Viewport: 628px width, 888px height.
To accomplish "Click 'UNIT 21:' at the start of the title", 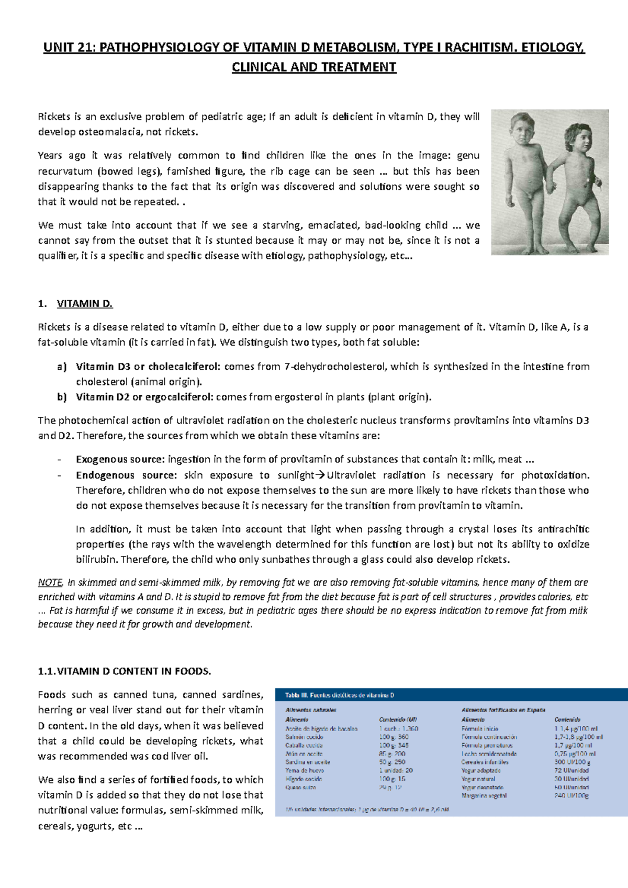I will pos(69,48).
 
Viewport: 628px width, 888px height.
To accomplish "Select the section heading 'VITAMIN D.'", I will pos(85,303).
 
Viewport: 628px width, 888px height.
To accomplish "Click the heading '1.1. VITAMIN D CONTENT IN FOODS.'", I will pos(125,671).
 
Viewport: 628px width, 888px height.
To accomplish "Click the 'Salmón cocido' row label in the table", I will pos(304,737).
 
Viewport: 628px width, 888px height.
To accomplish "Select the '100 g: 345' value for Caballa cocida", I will pos(394,745).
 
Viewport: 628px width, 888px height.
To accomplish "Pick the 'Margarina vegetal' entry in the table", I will pos(484,795).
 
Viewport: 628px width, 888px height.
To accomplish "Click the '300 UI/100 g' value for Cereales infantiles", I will pos(572,762).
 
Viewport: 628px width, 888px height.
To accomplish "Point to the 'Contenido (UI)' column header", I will pos(398,720).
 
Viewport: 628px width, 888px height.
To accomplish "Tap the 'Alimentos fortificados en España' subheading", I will pos(503,710).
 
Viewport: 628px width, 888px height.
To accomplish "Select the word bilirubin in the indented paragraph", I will pos(96,559).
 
